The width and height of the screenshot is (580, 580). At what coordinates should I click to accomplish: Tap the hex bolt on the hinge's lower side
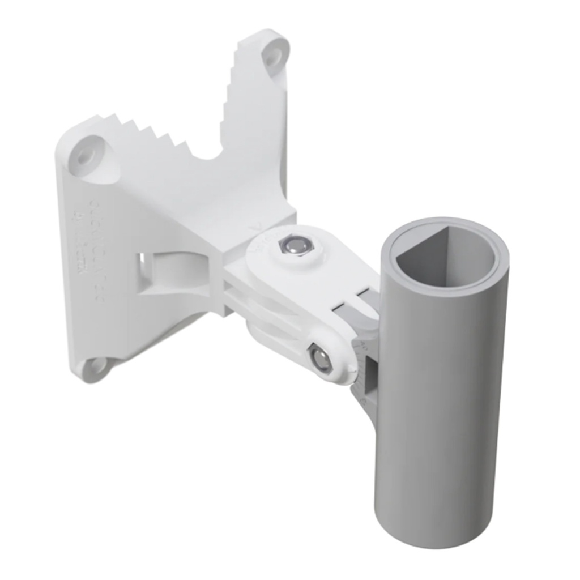321,359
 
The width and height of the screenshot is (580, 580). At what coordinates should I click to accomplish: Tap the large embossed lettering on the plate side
96,249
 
